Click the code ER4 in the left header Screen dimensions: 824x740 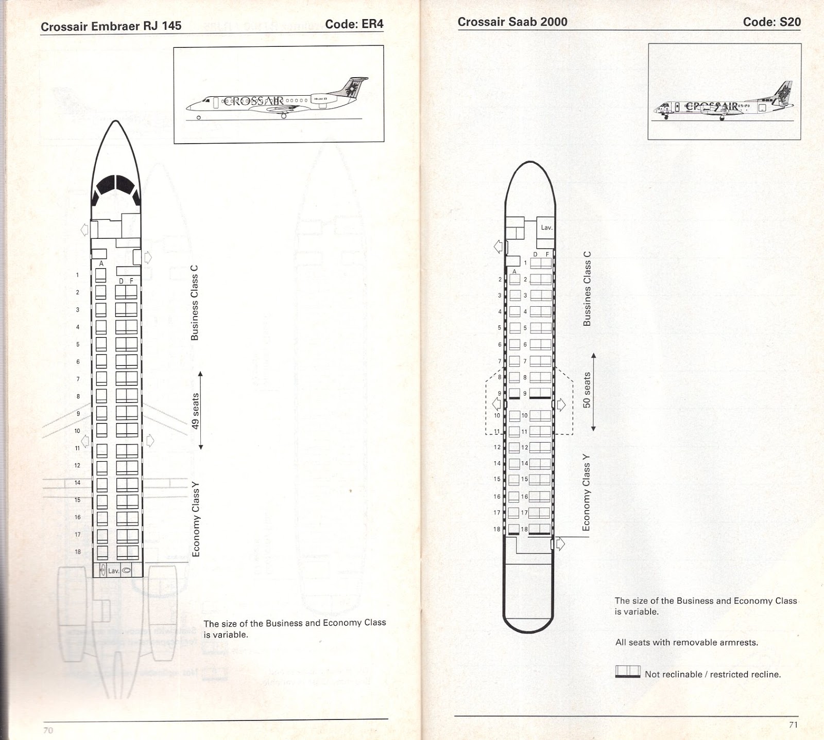(x=354, y=24)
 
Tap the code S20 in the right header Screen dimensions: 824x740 (x=771, y=22)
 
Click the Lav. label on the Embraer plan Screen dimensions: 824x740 (x=114, y=571)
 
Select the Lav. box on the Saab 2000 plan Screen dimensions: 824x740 (x=546, y=227)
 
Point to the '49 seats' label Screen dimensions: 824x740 (x=195, y=411)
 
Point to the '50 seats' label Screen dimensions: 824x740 (x=587, y=390)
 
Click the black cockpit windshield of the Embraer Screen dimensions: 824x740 (x=116, y=185)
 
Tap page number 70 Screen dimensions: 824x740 (x=48, y=730)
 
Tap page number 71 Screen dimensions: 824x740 (x=793, y=725)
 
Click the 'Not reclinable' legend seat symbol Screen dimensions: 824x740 (x=628, y=672)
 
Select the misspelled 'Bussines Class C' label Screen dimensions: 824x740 (x=587, y=289)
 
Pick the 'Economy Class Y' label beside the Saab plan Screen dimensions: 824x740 (x=586, y=492)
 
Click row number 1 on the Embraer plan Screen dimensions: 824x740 (x=78, y=275)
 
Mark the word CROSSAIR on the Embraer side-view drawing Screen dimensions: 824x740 (x=253, y=101)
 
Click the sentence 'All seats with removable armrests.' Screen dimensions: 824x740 (x=686, y=642)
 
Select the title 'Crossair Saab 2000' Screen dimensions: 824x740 (x=512, y=22)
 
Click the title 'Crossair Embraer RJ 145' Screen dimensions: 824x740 (x=111, y=26)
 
